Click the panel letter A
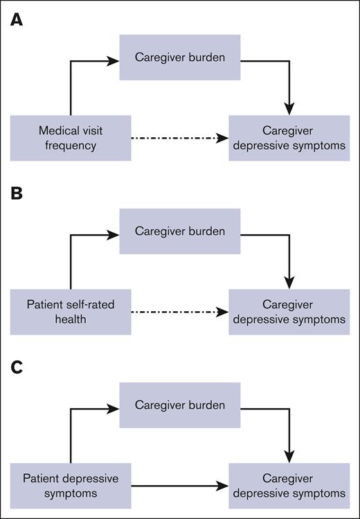coord(16,21)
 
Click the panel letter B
coord(16,193)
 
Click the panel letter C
coord(16,365)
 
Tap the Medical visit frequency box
coord(71,138)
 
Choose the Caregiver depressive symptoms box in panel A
coord(289,138)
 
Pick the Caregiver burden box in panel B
coord(180,232)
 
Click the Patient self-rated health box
coord(71,311)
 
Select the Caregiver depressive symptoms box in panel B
coord(289,311)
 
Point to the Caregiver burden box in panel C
coord(180,405)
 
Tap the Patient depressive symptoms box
coord(71,484)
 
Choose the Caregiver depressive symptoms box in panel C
coord(289,484)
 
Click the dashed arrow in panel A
coord(180,138)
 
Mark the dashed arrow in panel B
coord(180,311)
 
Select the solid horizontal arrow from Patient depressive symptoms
coord(180,484)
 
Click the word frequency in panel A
coord(71,146)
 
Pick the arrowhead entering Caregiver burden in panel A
coord(115,61)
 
